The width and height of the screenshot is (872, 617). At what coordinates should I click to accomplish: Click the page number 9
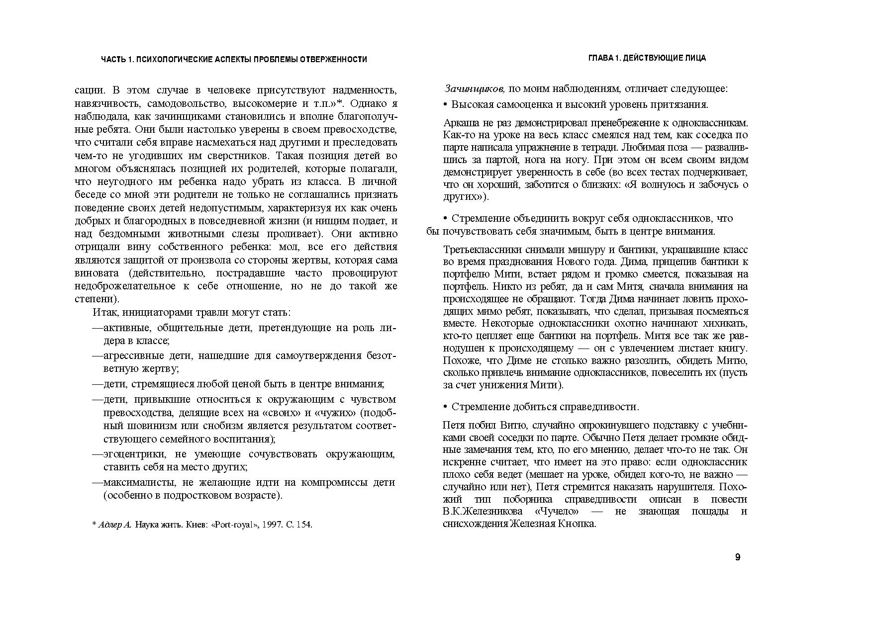(x=738, y=557)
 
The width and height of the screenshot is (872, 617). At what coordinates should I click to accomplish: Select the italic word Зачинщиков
(x=475, y=89)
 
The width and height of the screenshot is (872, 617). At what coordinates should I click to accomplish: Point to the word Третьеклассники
(x=479, y=250)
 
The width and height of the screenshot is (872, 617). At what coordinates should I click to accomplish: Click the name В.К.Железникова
(x=483, y=512)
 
